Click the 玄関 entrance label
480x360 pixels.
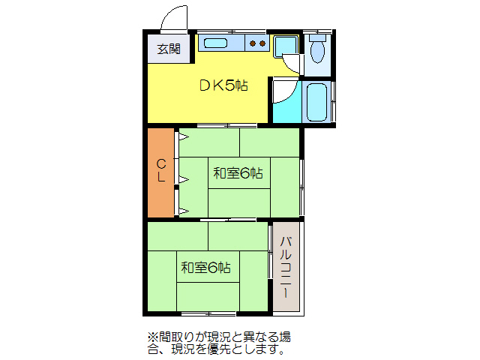[168, 49]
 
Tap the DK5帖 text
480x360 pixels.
[223, 85]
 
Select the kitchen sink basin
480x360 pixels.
[216, 43]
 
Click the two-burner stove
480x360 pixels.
[257, 43]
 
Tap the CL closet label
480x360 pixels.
[161, 171]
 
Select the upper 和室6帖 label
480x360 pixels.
[238, 173]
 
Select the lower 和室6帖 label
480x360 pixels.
[205, 267]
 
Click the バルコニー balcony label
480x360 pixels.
[286, 268]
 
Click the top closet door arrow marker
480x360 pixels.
[182, 137]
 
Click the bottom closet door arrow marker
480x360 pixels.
[182, 211]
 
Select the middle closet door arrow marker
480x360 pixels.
[182, 178]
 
